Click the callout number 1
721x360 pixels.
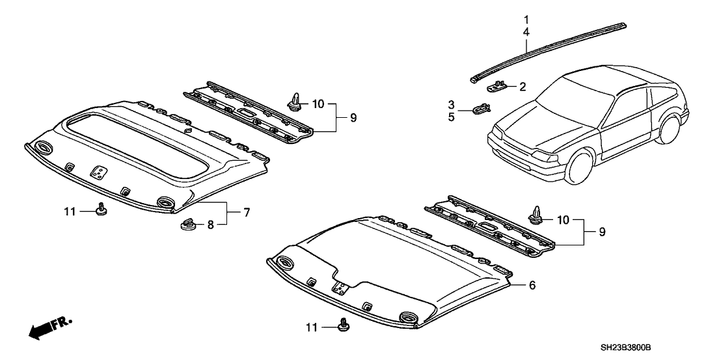coord(526,19)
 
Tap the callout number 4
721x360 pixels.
coord(526,31)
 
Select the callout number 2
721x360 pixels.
coord(522,86)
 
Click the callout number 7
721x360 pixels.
coord(247,212)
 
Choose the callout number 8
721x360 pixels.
coord(210,225)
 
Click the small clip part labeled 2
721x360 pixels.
coord(498,85)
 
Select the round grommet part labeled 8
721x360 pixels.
coord(188,225)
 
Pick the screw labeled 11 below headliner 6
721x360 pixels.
coord(344,323)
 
